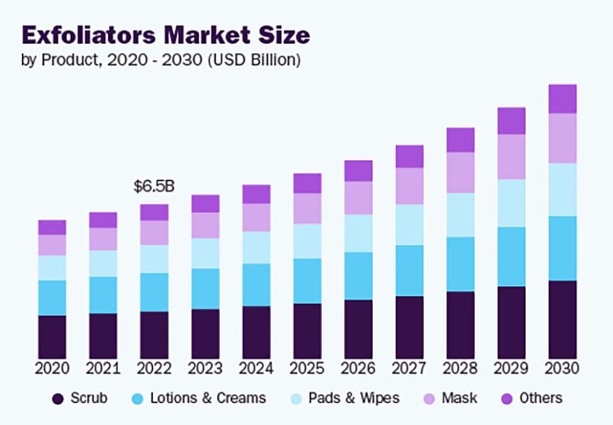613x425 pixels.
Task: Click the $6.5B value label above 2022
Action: [x=154, y=186]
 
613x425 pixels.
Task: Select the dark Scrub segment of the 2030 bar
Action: [x=563, y=319]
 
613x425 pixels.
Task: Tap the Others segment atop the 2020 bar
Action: [x=52, y=227]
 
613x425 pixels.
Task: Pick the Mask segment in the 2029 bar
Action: [x=511, y=156]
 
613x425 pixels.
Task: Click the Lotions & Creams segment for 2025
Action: [x=307, y=281]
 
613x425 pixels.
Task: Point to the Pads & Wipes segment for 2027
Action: [x=409, y=224]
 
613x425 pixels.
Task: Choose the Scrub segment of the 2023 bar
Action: [x=205, y=333]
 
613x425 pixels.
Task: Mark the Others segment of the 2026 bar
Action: [x=358, y=171]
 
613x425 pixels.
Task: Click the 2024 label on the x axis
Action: [x=256, y=368]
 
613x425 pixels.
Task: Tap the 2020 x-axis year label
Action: [x=52, y=368]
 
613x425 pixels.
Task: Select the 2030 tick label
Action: [x=563, y=368]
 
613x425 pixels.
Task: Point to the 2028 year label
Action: [x=460, y=368]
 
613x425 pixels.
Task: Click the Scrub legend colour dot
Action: [x=58, y=399]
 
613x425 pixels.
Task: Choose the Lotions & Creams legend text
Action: [x=208, y=398]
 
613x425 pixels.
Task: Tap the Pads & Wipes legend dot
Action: [x=296, y=399]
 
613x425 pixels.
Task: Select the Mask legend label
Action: [x=460, y=398]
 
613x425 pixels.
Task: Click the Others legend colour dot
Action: [x=507, y=399]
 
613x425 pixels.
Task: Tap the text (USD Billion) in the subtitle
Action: [x=254, y=60]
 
